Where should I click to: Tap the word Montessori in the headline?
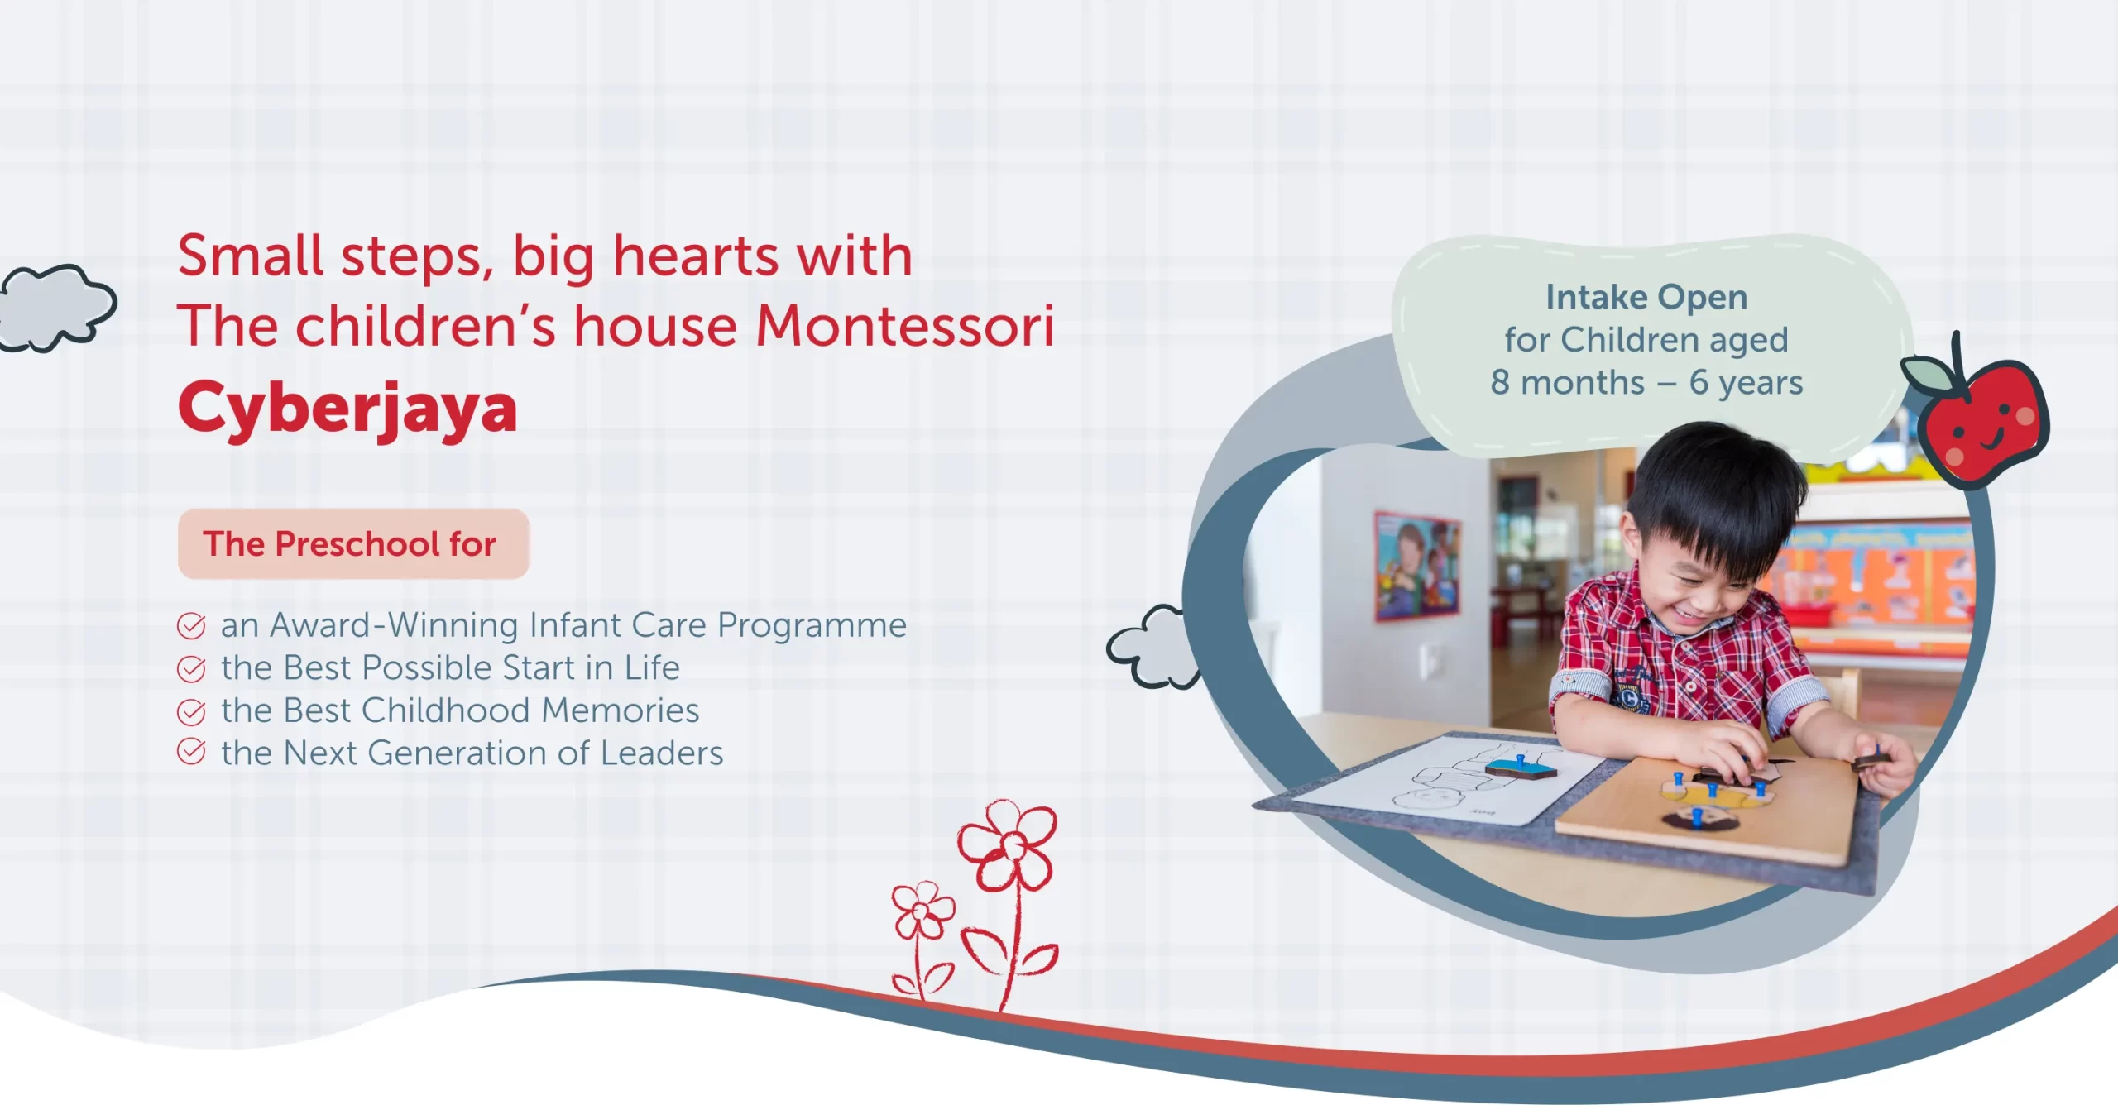(x=905, y=326)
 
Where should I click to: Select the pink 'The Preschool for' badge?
(x=353, y=544)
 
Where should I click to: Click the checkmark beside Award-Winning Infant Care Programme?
(x=191, y=626)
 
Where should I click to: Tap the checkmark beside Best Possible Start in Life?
(x=191, y=669)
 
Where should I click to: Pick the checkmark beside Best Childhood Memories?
(x=191, y=711)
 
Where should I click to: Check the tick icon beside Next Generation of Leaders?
(x=191, y=752)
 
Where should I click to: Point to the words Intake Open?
(x=1646, y=298)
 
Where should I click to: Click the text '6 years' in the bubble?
(x=1746, y=383)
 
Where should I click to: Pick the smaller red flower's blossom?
(x=922, y=911)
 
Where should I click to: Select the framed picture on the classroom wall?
(x=1417, y=567)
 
